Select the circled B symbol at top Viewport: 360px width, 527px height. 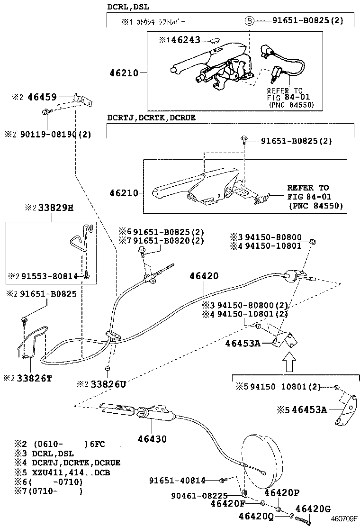(x=249, y=21)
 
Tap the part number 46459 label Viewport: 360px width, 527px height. (x=40, y=97)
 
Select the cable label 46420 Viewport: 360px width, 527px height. (x=204, y=276)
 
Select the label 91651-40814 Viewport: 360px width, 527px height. (x=171, y=480)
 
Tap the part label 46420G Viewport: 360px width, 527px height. (x=313, y=509)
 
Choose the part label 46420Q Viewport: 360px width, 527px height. (x=256, y=516)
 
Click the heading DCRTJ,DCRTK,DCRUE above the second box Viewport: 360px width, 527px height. (x=151, y=118)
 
